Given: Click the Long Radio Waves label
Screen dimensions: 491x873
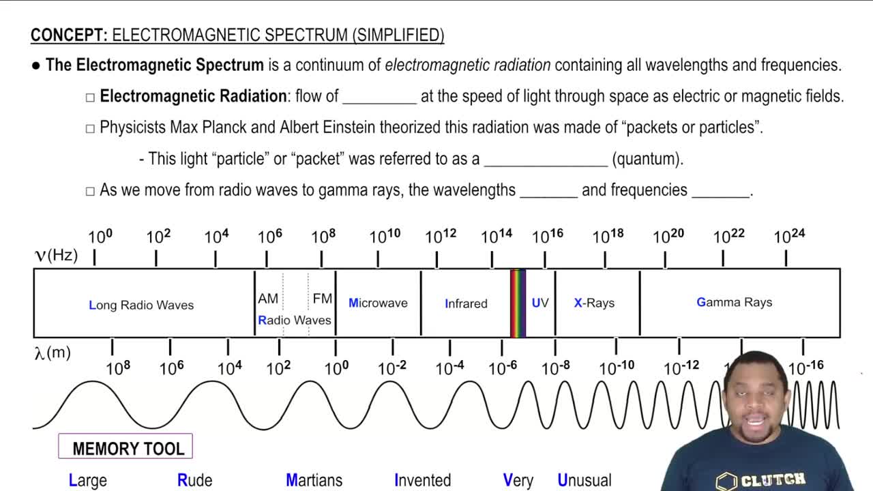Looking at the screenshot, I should (141, 305).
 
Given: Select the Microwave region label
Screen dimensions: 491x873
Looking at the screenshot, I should (378, 303).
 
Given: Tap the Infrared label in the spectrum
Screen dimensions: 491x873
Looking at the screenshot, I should (466, 303).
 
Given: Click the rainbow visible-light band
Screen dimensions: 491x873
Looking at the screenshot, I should (518, 303).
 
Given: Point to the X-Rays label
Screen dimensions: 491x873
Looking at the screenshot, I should (594, 303).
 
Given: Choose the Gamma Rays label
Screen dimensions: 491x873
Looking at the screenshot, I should (734, 302).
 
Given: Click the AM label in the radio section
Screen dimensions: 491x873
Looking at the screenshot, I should (268, 299).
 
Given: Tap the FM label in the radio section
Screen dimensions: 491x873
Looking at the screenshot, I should (322, 299).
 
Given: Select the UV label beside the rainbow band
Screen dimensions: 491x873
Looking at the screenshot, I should (540, 303).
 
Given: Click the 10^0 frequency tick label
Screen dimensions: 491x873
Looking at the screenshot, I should (100, 237).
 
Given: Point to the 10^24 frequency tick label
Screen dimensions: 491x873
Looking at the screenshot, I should (789, 236).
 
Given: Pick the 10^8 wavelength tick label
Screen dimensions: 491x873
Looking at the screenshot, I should (118, 368).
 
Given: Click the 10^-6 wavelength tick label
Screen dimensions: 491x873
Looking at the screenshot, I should (503, 368).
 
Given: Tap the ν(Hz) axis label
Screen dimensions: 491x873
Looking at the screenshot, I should (57, 255).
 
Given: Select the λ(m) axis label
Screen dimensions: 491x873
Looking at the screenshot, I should (53, 353).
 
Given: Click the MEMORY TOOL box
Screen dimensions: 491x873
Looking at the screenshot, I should (126, 447).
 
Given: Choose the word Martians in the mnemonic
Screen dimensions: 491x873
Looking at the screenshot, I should (314, 480).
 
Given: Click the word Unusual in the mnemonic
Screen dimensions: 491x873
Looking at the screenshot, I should (585, 480).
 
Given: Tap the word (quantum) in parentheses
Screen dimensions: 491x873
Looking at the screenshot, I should (647, 159).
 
